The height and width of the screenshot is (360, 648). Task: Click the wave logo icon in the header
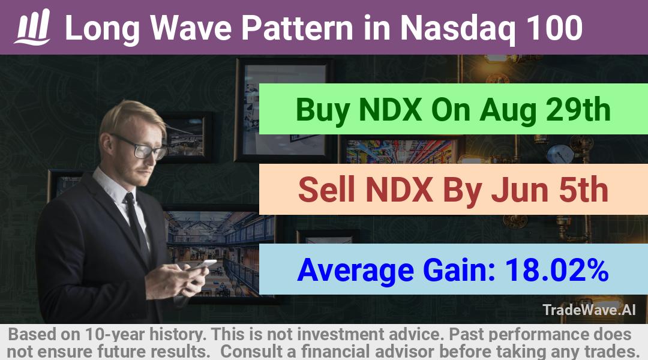click(32, 27)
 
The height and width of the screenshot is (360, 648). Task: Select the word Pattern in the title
click(297, 28)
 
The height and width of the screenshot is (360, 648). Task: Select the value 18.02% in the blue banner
click(557, 269)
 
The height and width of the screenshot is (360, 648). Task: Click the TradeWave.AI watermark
click(589, 310)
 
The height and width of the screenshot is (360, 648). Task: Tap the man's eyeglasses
click(140, 147)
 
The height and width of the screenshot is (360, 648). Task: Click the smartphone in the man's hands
click(202, 265)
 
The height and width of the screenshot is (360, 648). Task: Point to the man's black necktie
click(136, 225)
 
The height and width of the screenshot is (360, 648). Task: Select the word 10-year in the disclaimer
click(115, 335)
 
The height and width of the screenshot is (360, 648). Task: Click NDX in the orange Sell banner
click(399, 189)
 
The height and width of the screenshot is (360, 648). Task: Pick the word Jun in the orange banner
click(521, 189)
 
